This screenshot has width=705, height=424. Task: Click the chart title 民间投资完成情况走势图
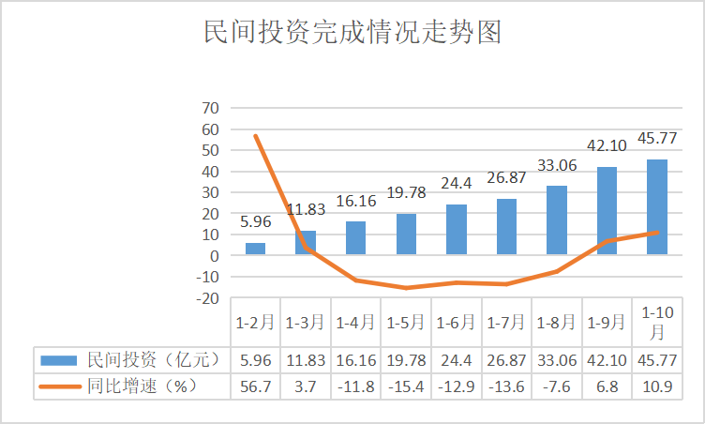[x=352, y=34]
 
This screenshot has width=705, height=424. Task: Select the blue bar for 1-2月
[x=255, y=249]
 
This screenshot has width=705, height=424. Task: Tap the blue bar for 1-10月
[x=657, y=206]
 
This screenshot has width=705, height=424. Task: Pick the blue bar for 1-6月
[x=457, y=229]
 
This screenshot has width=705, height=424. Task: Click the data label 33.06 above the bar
[x=557, y=167]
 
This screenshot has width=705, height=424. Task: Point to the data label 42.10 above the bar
[x=607, y=147]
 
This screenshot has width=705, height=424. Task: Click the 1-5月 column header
[x=406, y=322]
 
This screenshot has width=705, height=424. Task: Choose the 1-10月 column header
[x=657, y=322]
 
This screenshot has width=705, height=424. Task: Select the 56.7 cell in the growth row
[x=255, y=386]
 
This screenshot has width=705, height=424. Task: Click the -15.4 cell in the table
[x=406, y=386]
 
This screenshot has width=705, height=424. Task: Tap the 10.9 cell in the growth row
[x=657, y=386]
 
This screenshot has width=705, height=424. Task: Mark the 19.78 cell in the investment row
[x=406, y=358]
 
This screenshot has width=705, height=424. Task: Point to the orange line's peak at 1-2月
[x=255, y=136]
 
